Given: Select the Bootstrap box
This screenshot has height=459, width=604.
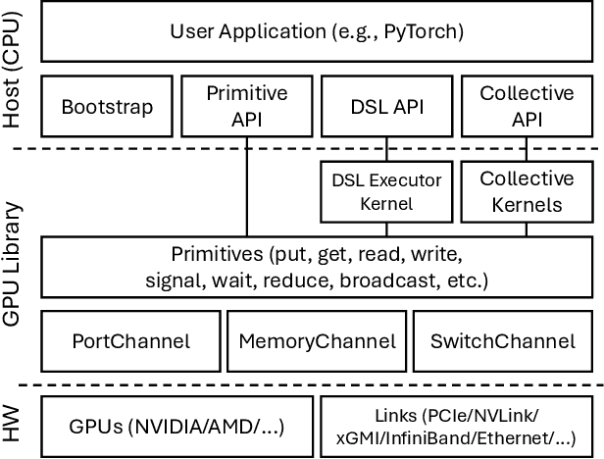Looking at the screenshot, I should click(107, 105).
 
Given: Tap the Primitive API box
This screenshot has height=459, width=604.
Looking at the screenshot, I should click(247, 105).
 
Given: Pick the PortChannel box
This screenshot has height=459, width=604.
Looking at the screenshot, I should click(130, 341).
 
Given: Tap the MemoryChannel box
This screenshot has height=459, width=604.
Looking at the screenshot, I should click(317, 341).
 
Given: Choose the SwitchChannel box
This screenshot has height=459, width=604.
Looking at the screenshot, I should click(503, 341).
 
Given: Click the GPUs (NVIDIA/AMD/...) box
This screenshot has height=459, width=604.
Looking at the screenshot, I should click(176, 426).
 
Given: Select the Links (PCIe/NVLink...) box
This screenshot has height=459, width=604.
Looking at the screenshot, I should click(457, 426).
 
